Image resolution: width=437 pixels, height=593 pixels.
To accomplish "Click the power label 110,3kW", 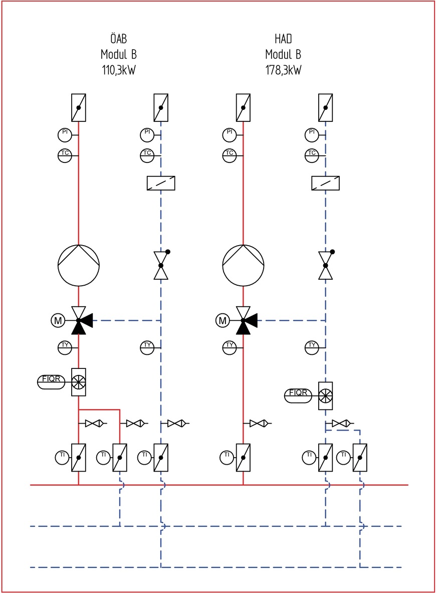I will tap(119, 70).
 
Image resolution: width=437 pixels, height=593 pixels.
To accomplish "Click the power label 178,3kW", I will tap(284, 70).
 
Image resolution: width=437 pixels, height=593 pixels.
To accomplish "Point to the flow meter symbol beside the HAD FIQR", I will tap(326, 396).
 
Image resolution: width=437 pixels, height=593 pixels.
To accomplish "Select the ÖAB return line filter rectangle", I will tap(161, 183).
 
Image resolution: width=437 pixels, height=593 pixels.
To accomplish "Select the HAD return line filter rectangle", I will tap(326, 183).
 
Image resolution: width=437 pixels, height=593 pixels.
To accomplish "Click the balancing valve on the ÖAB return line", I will tap(161, 266).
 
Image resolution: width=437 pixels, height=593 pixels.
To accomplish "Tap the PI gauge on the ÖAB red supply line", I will tap(64, 134).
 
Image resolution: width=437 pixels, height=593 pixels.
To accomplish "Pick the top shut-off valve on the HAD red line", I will tap(243, 108).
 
